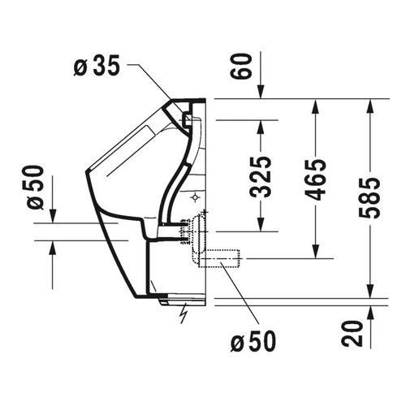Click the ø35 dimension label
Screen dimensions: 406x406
[x=97, y=67]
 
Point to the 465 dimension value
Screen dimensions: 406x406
[x=316, y=177]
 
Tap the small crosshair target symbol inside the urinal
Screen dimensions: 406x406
[x=196, y=197]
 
